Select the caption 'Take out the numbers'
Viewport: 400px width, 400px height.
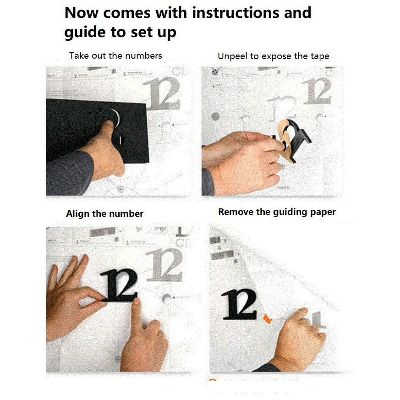pyautogui.click(x=115, y=55)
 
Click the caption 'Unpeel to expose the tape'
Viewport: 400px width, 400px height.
pyautogui.click(x=273, y=56)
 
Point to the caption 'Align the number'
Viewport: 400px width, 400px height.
pyautogui.click(x=104, y=214)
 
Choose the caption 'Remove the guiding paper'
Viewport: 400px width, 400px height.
pyautogui.click(x=277, y=212)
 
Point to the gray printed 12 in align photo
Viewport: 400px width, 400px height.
pyautogui.click(x=165, y=265)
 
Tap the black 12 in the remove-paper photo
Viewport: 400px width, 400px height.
pyautogui.click(x=239, y=304)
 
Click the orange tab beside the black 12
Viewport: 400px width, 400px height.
pyautogui.click(x=267, y=318)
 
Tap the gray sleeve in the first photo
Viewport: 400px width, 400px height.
pyautogui.click(x=69, y=174)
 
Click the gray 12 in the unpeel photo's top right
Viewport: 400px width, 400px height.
pyautogui.click(x=317, y=91)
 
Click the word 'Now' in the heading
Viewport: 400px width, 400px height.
pyautogui.click(x=82, y=12)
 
